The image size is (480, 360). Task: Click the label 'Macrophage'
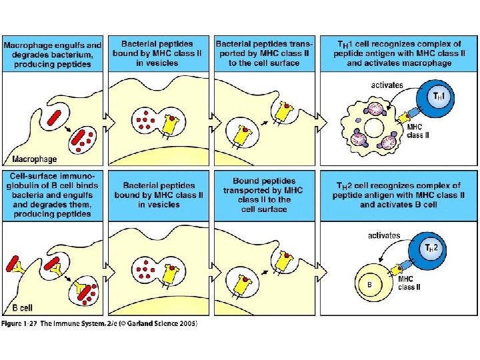34,159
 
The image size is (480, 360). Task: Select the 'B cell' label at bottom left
24,309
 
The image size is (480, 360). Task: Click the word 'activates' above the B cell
384,235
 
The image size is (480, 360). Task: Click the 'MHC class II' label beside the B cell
410,283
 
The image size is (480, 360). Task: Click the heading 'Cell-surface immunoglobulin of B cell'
53,195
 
